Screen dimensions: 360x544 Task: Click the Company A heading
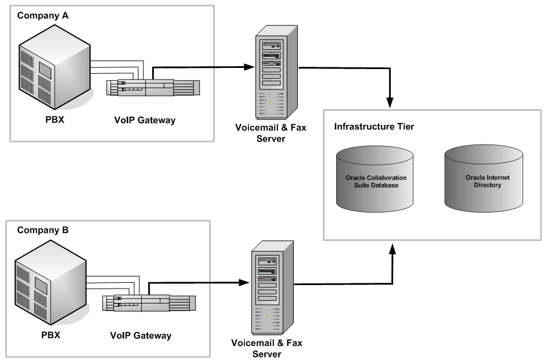42,16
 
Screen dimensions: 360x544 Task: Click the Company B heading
42,230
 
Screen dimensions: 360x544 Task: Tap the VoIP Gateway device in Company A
153,88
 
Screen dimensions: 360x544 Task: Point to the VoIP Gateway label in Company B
141,336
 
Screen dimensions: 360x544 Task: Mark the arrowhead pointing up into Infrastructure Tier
393,249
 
